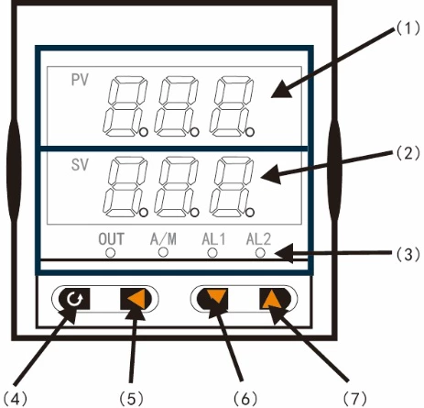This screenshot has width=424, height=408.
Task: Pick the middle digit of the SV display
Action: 176,186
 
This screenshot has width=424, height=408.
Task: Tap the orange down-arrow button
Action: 216,298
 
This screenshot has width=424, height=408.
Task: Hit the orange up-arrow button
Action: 271,298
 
